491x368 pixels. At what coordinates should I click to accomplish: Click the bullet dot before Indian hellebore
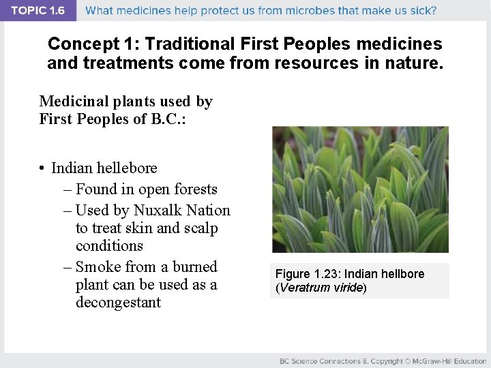[42, 168]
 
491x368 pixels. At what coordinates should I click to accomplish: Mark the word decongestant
[119, 302]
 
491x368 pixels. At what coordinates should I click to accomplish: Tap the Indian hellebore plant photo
[360, 189]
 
